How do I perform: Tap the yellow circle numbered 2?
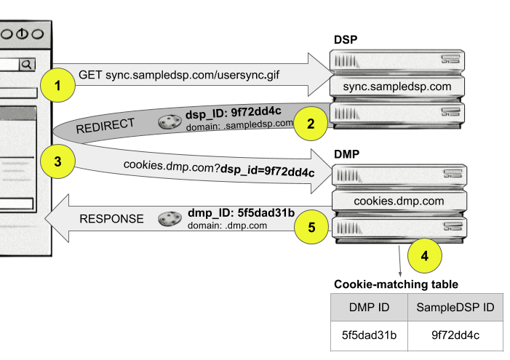311,122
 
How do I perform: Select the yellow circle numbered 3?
58,161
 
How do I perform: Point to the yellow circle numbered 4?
425,255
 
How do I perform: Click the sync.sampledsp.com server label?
397,87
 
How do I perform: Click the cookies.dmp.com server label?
399,201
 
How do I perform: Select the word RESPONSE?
111,218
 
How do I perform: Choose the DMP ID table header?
367,308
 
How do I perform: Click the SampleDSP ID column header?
455,308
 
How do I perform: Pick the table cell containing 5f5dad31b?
367,335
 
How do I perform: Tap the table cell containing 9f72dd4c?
455,335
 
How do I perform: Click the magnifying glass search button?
27,65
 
